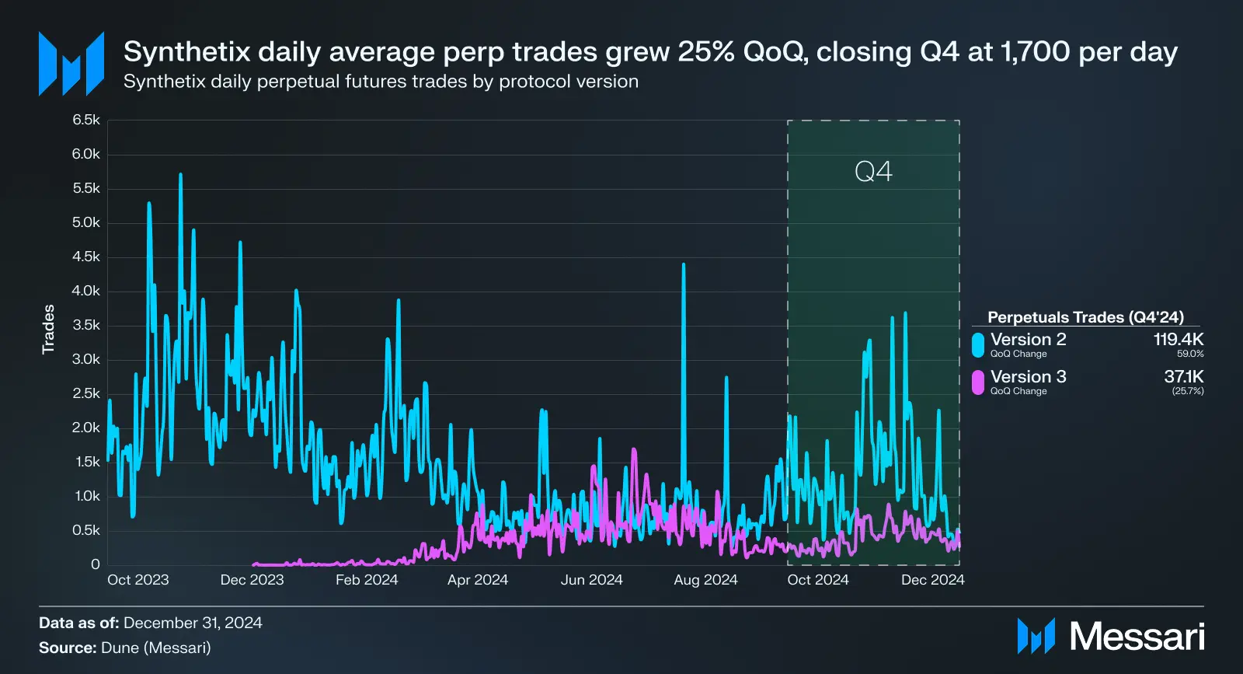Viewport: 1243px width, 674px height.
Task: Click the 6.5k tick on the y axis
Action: [86, 120]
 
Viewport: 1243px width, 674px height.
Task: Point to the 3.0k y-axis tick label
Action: [86, 359]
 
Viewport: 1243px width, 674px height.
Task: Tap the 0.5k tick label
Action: [86, 530]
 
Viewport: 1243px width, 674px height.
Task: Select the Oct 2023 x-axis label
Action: [138, 580]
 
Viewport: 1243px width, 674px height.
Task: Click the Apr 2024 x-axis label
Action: [477, 580]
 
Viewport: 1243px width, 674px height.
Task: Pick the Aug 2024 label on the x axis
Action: [705, 580]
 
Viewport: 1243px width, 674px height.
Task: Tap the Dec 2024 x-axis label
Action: [932, 580]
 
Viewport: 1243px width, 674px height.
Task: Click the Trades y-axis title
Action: [48, 329]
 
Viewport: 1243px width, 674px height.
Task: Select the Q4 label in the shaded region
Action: [873, 171]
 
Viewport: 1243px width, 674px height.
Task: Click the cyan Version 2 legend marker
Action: [978, 345]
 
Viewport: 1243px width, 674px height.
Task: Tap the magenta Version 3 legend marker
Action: [978, 382]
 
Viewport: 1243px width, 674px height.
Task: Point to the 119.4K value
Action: [1178, 339]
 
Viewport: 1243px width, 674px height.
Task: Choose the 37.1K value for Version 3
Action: [1183, 376]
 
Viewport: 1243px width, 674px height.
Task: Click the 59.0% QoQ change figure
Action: [1190, 354]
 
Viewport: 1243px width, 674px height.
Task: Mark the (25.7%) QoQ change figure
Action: [1188, 391]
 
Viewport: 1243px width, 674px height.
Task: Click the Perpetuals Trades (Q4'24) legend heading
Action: [1085, 317]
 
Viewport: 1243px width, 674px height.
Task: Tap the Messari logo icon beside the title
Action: [71, 64]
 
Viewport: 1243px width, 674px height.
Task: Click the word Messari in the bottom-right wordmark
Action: [1137, 637]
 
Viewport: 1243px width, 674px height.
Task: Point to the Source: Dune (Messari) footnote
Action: [125, 648]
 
